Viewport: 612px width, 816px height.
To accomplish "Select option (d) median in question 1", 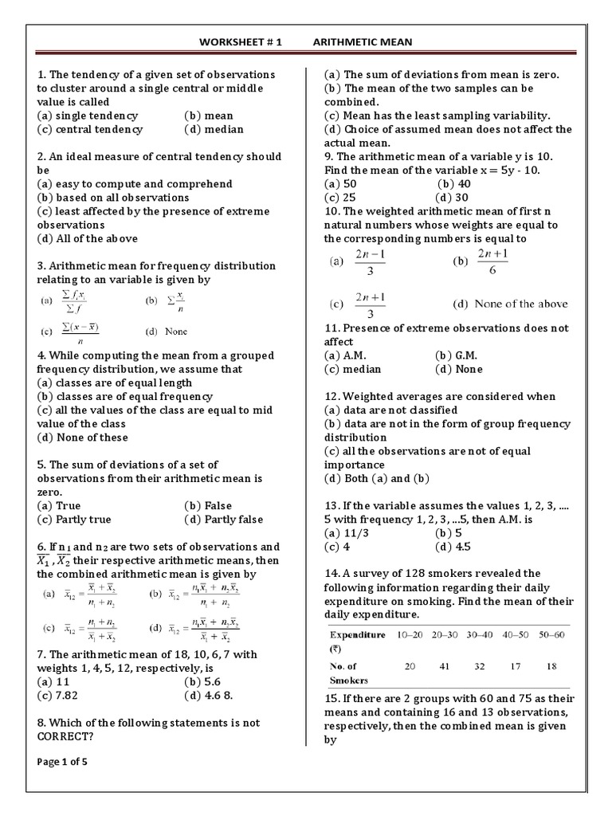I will pyautogui.click(x=214, y=129).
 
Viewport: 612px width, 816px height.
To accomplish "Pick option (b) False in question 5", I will pyautogui.click(x=208, y=505).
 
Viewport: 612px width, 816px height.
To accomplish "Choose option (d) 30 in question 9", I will pyautogui.click(x=452, y=198).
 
